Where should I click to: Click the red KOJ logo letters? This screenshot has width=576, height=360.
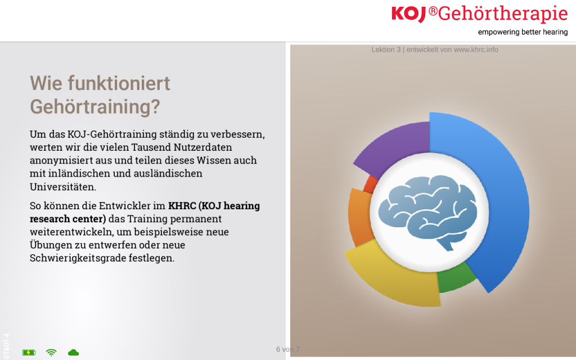tap(408, 14)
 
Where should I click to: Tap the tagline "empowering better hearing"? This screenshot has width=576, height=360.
tap(523, 32)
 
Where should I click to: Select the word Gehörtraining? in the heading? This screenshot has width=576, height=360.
tap(94, 107)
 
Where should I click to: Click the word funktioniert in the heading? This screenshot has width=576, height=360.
tap(119, 83)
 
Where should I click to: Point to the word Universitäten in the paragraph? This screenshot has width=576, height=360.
tap(63, 187)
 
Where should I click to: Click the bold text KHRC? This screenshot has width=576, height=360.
tap(182, 206)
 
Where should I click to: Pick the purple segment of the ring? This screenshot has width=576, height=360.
tap(395, 145)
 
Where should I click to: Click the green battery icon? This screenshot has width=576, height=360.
tap(29, 353)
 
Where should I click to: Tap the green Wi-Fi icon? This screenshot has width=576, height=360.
tap(51, 353)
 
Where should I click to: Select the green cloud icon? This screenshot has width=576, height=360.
tap(74, 353)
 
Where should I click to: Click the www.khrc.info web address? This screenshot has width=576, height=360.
tap(476, 49)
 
